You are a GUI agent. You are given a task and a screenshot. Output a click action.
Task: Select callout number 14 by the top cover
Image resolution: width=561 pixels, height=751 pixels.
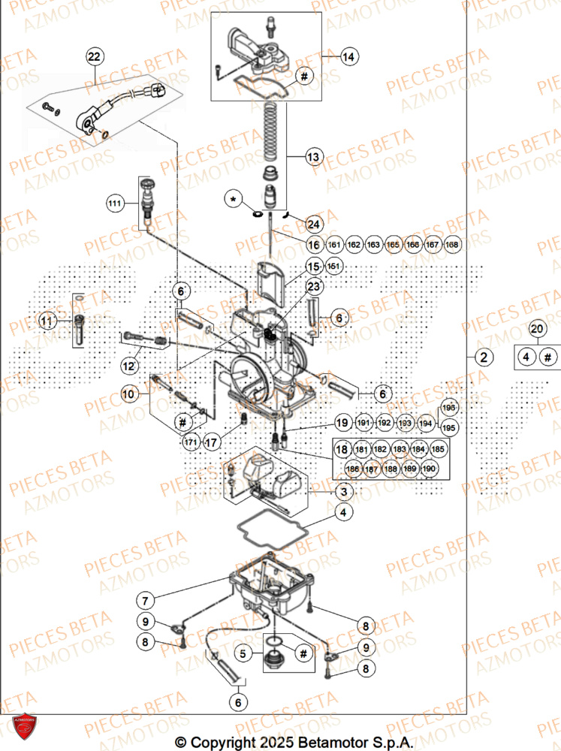[x=348, y=56]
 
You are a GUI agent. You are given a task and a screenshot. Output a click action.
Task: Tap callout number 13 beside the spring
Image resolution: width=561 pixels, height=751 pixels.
[x=313, y=157]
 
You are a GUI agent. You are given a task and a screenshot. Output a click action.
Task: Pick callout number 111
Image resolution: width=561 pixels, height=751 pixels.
[x=114, y=204]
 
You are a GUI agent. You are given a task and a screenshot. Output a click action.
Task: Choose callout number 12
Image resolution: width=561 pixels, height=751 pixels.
[x=129, y=365]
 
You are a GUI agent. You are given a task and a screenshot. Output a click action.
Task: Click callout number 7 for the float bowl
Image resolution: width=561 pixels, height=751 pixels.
[x=146, y=600]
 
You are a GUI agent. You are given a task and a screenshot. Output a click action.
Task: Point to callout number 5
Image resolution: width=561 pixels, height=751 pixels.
[x=243, y=654]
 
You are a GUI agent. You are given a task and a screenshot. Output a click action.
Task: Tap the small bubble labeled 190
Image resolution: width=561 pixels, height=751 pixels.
[x=429, y=469]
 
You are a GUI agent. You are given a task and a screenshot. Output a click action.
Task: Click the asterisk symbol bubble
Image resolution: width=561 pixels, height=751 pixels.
[x=234, y=199]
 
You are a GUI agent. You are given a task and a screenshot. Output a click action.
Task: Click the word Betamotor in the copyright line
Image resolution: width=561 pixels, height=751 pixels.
[x=330, y=742]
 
